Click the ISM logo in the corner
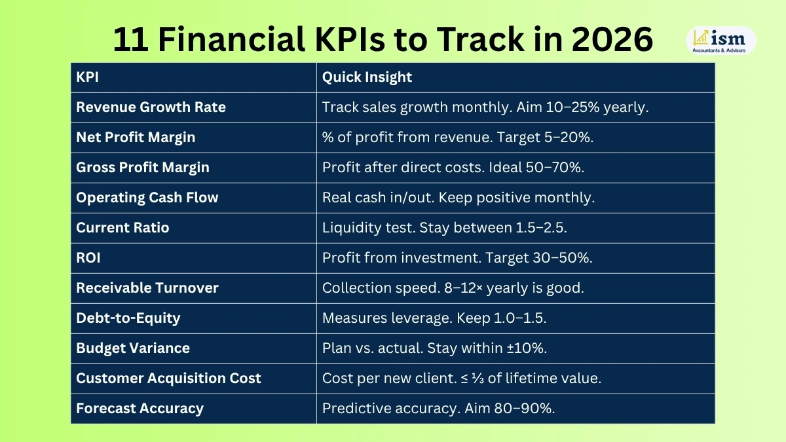(720, 40)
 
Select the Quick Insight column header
(367, 77)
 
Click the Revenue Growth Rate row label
(151, 107)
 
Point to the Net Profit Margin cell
(136, 138)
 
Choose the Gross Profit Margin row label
(143, 168)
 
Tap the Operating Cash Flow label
(147, 198)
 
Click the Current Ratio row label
(122, 228)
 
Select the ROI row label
(89, 258)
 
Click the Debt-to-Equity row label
(128, 318)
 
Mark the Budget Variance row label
(132, 348)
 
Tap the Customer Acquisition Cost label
(168, 378)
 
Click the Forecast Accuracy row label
(140, 409)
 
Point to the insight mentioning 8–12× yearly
(453, 288)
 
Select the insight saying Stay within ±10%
(434, 348)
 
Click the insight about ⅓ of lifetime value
(461, 378)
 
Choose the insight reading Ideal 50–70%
(453, 168)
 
